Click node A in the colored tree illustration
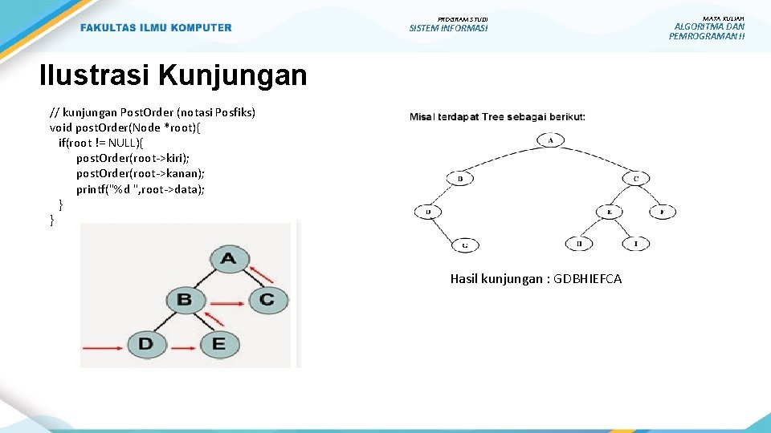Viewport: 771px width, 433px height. (x=228, y=259)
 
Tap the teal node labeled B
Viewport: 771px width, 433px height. (x=185, y=301)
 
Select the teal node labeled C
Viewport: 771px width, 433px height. (x=267, y=301)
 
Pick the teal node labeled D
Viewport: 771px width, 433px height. (x=145, y=344)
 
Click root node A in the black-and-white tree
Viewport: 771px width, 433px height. (x=551, y=140)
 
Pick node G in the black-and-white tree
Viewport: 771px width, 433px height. (x=466, y=244)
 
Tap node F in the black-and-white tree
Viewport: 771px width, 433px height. (x=662, y=212)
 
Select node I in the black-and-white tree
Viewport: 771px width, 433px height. (x=635, y=243)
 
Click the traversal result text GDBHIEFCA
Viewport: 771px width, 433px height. (x=536, y=279)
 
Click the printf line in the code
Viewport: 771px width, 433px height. (x=141, y=189)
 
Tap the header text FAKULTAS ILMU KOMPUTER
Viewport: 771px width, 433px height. (x=156, y=28)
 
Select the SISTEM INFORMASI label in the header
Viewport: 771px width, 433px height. (x=448, y=29)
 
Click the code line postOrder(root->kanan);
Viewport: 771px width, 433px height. (x=141, y=173)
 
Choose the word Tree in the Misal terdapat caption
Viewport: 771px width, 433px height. (x=495, y=117)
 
